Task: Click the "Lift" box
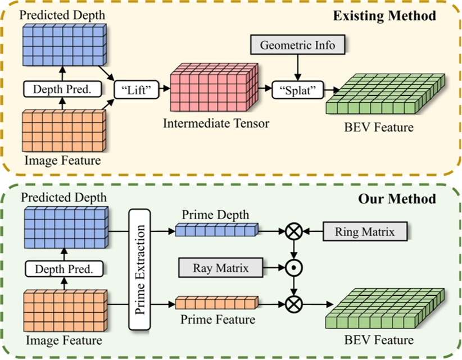(x=136, y=88)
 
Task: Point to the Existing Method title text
(x=384, y=15)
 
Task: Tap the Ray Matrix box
(x=221, y=268)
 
